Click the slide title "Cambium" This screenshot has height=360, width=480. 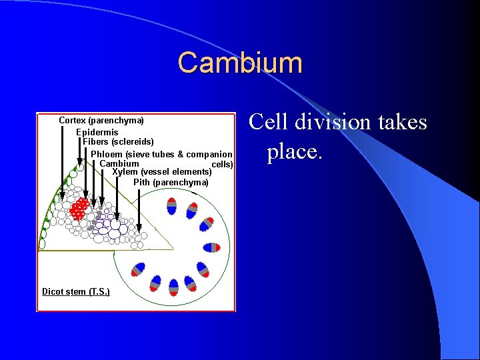click(x=240, y=63)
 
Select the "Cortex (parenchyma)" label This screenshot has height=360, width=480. click(x=101, y=121)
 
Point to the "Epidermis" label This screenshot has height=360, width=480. click(x=97, y=132)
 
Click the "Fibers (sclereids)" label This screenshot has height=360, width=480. click(x=119, y=142)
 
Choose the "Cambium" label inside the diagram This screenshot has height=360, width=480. click(x=119, y=164)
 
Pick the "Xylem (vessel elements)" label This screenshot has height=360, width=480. click(x=163, y=172)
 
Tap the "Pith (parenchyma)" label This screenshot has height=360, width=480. click(x=171, y=183)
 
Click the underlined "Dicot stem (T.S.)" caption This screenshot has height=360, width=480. click(x=76, y=292)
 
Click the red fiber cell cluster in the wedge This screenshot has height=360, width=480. click(x=80, y=208)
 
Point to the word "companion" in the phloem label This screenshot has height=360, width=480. click(x=209, y=154)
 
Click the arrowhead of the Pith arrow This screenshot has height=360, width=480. click(x=139, y=223)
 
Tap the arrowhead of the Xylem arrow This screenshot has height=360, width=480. click(x=117, y=216)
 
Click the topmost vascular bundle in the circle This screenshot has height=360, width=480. click(x=171, y=206)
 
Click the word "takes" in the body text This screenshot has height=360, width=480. click(x=401, y=122)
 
